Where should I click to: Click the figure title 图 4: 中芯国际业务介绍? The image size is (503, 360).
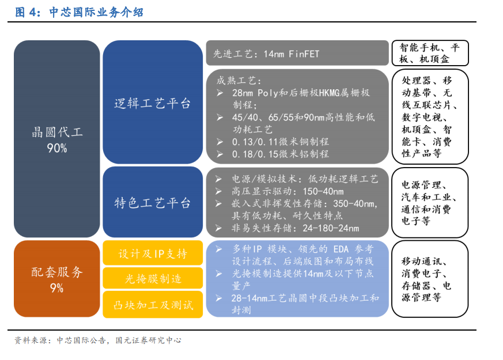[79, 12]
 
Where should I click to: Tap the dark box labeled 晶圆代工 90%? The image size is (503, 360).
[57, 139]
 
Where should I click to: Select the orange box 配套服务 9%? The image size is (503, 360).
[57, 279]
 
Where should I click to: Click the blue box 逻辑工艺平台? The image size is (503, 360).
[153, 102]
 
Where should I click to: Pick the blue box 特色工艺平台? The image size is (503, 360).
[153, 202]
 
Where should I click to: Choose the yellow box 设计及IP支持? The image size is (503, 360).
[153, 253]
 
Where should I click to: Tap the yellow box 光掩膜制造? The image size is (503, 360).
[153, 278]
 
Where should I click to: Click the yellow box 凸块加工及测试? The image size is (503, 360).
[153, 305]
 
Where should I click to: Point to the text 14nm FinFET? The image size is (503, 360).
[292, 54]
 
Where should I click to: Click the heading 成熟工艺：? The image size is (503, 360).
[239, 81]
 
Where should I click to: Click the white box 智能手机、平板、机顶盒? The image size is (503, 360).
[430, 53]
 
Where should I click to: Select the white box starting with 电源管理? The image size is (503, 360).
[430, 203]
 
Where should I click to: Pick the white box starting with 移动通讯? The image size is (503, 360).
[430, 279]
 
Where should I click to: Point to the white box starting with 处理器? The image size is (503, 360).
[430, 117]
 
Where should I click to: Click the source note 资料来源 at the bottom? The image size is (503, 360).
[98, 340]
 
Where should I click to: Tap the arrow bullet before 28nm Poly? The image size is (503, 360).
[220, 93]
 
